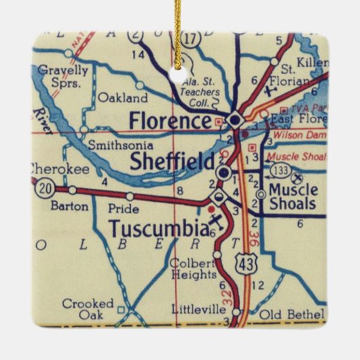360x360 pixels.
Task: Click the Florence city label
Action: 170,122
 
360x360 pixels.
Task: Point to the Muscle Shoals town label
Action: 292,197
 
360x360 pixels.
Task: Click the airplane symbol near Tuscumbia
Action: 217,221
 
